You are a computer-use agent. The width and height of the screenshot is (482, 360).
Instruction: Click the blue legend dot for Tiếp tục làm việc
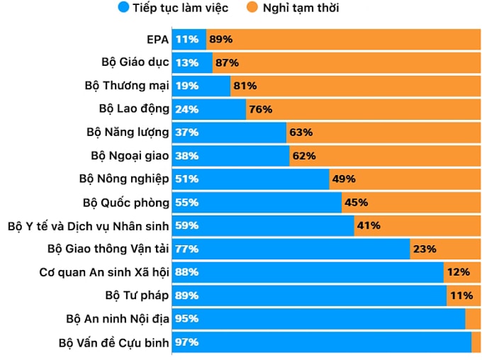point(124,9)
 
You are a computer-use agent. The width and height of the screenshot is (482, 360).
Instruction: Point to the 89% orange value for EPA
point(220,39)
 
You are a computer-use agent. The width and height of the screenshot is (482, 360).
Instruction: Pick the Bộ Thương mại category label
point(127,86)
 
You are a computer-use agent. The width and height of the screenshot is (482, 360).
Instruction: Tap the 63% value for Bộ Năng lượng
point(301,133)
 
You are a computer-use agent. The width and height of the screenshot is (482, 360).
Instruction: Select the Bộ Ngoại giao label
point(130,156)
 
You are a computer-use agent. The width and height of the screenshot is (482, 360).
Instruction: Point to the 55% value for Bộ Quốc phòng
point(187,203)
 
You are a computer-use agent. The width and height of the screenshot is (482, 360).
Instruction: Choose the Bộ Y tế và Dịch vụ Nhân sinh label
point(89,226)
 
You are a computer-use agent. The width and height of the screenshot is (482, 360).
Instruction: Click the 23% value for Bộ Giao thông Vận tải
point(424,249)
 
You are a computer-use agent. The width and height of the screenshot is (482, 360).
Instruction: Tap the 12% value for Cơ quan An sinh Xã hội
point(458,272)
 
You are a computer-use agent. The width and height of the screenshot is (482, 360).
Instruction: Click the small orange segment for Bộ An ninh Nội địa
point(473,319)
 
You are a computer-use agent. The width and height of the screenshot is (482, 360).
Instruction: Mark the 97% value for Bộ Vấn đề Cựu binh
point(187,342)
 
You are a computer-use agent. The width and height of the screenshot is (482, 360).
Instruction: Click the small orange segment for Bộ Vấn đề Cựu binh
point(476,342)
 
